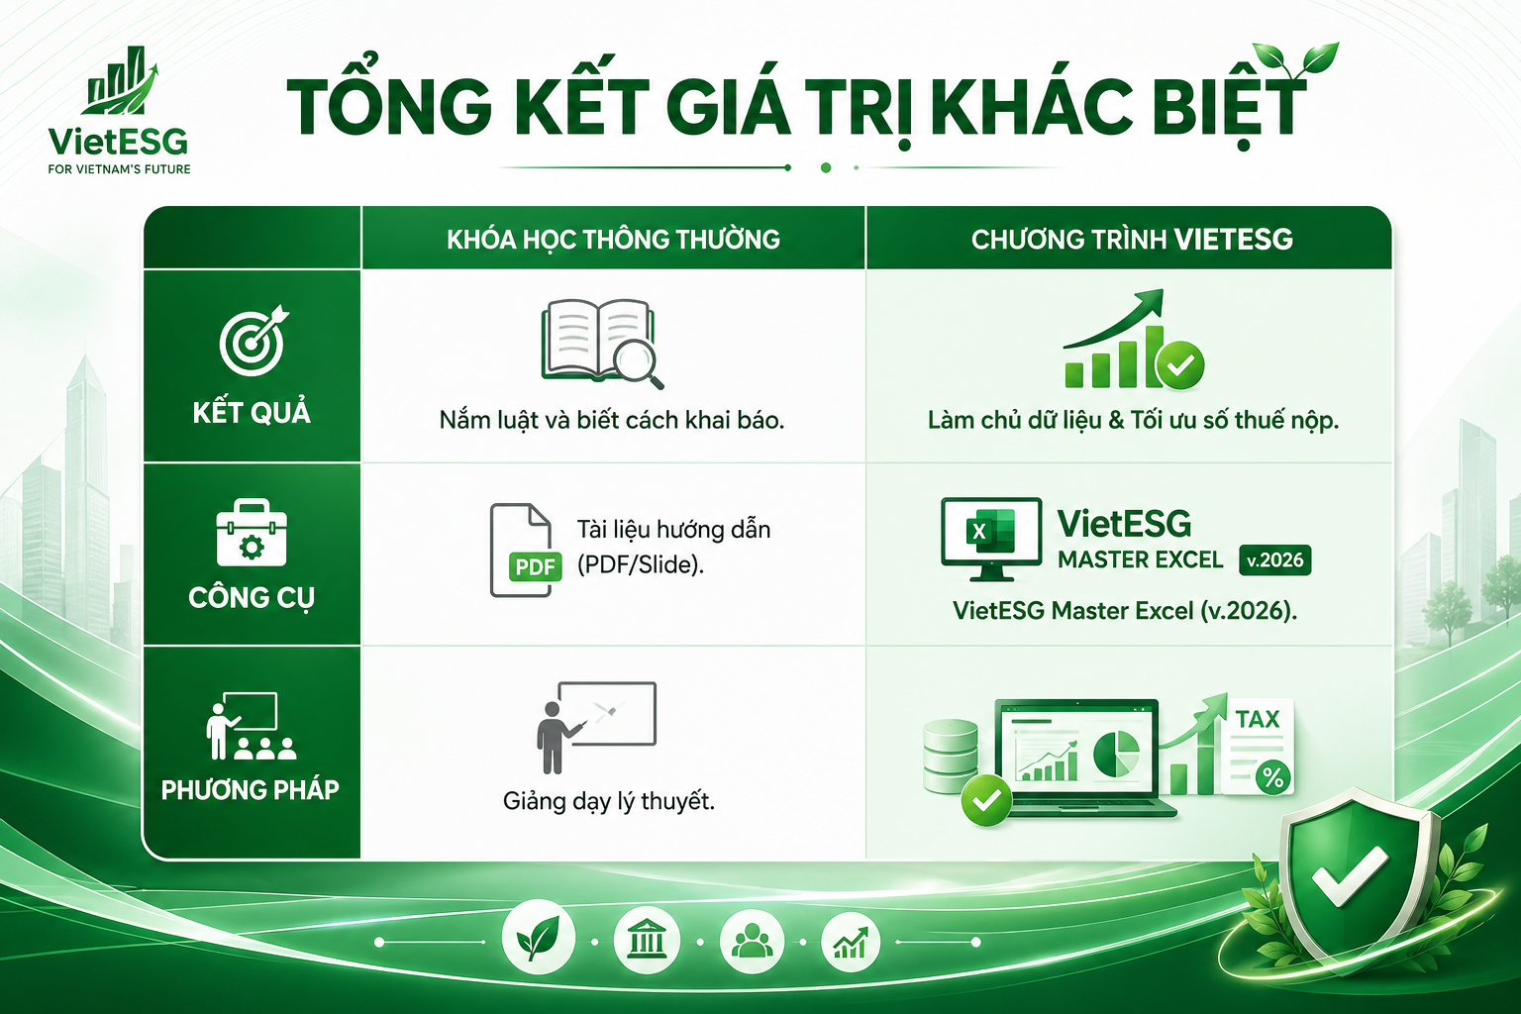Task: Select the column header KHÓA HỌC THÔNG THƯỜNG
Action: tap(613, 240)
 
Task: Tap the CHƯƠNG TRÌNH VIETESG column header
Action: tap(1132, 240)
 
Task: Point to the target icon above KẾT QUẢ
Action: tap(253, 342)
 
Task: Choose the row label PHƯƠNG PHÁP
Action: tap(251, 789)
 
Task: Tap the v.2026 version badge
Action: tap(1275, 559)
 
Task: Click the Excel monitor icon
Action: tap(990, 539)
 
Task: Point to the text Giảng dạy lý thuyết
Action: tap(609, 800)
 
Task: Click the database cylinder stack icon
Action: tap(950, 755)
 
